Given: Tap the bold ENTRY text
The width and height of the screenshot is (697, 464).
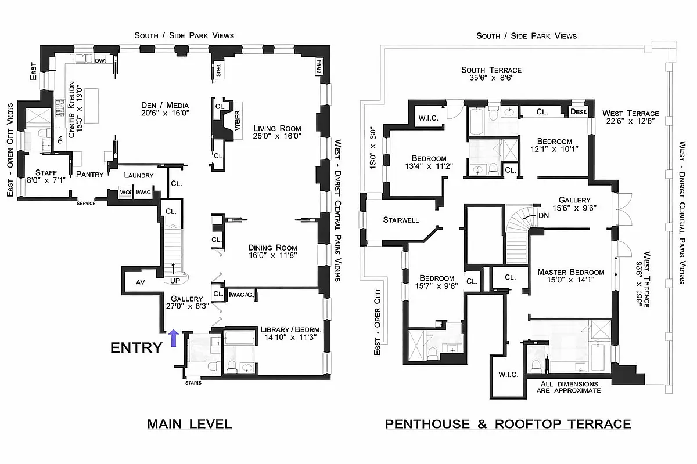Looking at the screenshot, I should pos(136,347).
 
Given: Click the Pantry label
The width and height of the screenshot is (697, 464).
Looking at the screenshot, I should pos(90,175).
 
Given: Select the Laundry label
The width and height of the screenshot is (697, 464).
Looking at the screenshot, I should pos(139,175).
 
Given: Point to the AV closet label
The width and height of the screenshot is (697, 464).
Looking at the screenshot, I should pos(140,282).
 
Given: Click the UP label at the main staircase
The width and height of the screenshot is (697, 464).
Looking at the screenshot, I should pos(174,281).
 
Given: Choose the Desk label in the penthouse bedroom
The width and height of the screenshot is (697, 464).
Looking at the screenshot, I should pos(579,112).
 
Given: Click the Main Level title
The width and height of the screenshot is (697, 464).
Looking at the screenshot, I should pos(189,424).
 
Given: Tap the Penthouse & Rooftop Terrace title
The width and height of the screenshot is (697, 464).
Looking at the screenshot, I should pos(508,424).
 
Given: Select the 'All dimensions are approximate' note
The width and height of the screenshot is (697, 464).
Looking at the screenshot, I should pos(569,387).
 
